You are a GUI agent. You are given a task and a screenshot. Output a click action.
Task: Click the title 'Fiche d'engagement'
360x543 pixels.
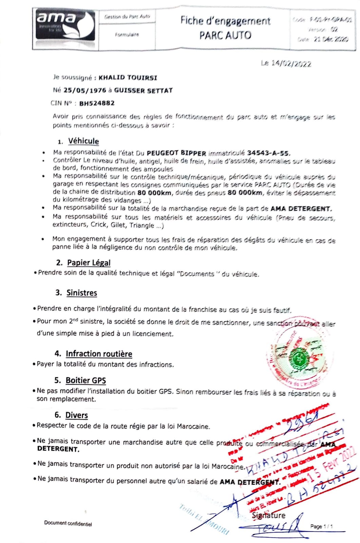[225, 21]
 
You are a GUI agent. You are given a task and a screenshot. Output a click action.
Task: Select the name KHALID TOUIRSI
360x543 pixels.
[128, 78]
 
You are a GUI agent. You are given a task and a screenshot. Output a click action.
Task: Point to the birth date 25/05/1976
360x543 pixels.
[80, 91]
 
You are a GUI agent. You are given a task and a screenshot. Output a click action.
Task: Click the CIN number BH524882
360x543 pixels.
[97, 103]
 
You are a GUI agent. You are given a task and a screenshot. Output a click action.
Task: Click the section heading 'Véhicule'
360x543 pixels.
[83, 141]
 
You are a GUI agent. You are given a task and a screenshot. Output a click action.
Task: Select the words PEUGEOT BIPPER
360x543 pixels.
[176, 153]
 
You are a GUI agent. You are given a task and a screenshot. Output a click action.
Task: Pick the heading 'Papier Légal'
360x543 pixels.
[89, 262]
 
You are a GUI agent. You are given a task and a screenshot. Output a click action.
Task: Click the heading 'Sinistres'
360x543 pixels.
[82, 293]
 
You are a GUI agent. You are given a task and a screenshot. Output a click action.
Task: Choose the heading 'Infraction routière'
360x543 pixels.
[99, 354]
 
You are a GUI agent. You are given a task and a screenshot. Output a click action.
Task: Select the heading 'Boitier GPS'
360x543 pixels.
[86, 380]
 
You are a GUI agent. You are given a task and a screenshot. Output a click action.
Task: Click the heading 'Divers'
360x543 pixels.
[76, 415]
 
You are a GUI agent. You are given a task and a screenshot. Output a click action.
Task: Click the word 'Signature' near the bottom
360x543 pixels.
[268, 515]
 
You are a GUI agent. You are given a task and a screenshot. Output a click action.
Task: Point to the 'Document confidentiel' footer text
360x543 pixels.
[68, 523]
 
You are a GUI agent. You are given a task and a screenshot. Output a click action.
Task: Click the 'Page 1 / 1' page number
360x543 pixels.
[321, 526]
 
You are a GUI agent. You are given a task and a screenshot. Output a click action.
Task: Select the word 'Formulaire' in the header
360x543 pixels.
[127, 35]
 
